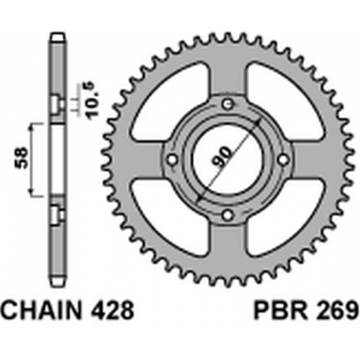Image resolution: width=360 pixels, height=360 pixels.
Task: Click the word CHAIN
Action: [x=41, y=310]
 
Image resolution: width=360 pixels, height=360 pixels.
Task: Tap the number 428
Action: [x=110, y=310]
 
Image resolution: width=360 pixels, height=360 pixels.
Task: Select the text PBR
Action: [x=281, y=310]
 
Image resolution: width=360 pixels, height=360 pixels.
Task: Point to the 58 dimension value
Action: [x=22, y=158]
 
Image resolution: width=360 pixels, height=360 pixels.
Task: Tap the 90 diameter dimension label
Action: [x=222, y=158]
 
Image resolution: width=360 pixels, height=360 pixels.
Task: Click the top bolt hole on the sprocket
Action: [x=228, y=105]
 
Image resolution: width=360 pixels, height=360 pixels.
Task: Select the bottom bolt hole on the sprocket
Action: [x=228, y=215]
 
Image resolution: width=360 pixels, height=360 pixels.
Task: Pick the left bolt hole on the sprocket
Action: [x=172, y=160]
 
